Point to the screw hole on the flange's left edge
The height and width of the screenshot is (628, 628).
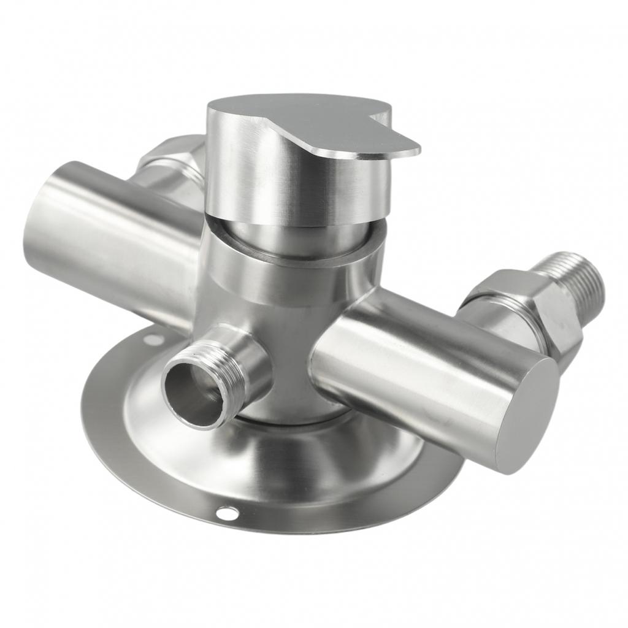tap(153, 339)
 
